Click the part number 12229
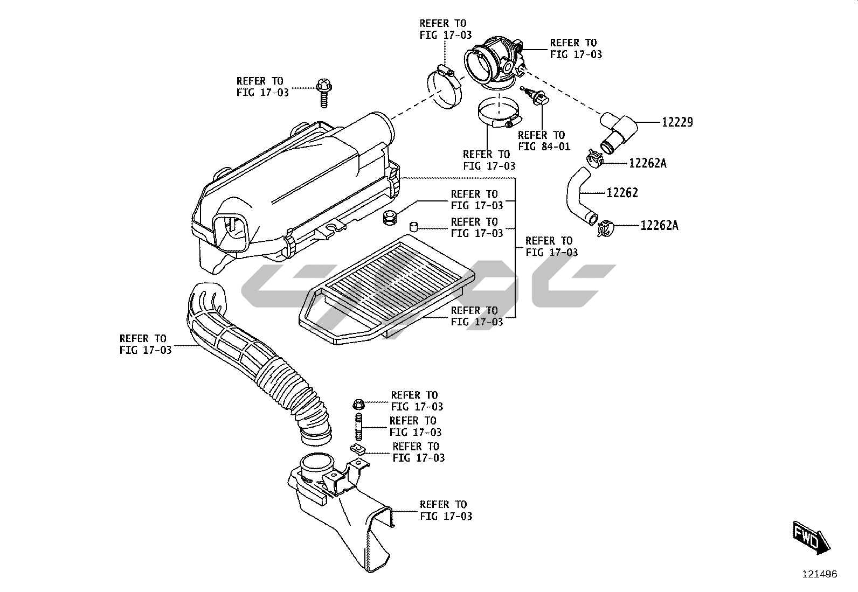pyautogui.click(x=677, y=122)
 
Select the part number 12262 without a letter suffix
pyautogui.click(x=622, y=193)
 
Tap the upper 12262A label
pyautogui.click(x=647, y=163)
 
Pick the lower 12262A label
pyautogui.click(x=659, y=226)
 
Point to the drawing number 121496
pyautogui.click(x=820, y=574)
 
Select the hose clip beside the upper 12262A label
pyautogui.click(x=593, y=159)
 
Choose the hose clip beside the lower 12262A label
pyautogui.click(x=605, y=228)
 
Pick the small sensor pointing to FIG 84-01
pyautogui.click(x=537, y=97)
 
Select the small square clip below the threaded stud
pyautogui.click(x=356, y=448)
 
